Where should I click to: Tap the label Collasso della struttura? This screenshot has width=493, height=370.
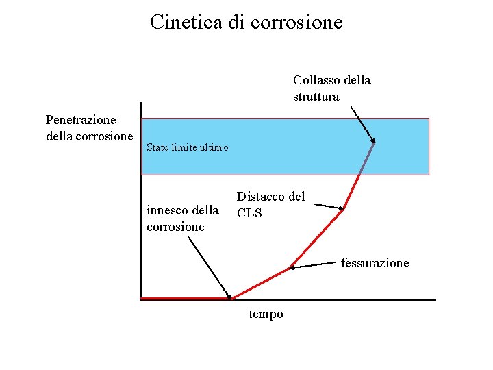pyautogui.click(x=331, y=88)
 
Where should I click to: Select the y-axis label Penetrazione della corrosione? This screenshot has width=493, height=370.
pyautogui.click(x=89, y=128)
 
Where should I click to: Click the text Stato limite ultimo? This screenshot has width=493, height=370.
pyautogui.click(x=187, y=148)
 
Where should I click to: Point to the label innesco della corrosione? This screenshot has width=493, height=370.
pyautogui.click(x=183, y=218)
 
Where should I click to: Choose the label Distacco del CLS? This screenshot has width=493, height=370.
pyautogui.click(x=270, y=204)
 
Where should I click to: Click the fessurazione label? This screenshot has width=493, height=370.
pyautogui.click(x=375, y=263)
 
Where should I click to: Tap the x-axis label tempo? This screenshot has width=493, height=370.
pyautogui.click(x=266, y=314)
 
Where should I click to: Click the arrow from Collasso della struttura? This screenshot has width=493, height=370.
pyautogui.click(x=363, y=124)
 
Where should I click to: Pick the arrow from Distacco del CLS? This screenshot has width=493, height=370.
pyautogui.click(x=325, y=204)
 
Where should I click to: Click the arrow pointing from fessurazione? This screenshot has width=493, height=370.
pyautogui.click(x=315, y=264)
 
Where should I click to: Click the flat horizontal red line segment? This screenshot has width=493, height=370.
pyautogui.click(x=185, y=298)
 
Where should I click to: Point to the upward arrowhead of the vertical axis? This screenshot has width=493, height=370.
pyautogui.click(x=140, y=106)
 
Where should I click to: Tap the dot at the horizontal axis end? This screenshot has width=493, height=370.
pyautogui.click(x=435, y=300)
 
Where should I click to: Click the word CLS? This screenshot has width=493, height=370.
pyautogui.click(x=249, y=213)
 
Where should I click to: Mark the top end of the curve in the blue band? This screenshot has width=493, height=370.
pyautogui.click(x=375, y=143)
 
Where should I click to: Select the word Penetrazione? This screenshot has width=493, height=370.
pyautogui.click(x=81, y=120)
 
